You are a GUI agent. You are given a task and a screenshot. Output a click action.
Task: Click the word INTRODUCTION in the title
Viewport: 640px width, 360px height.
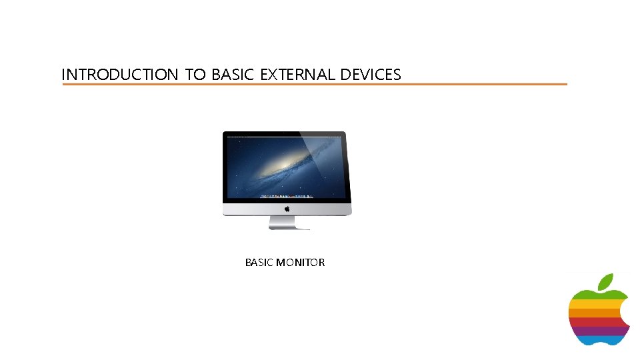pos(120,75)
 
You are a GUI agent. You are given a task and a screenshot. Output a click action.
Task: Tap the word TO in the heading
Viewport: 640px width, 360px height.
pos(195,75)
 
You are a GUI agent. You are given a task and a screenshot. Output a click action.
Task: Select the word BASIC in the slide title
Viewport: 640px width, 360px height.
pos(233,75)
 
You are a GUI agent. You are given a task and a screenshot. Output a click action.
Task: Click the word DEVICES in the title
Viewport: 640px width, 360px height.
pos(371,75)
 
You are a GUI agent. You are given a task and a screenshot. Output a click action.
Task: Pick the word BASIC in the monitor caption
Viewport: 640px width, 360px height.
pos(259,263)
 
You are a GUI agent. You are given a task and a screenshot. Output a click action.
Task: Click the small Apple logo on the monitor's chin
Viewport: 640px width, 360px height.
pos(287,208)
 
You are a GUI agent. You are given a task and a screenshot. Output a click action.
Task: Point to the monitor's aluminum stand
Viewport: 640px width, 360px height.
pos(288,223)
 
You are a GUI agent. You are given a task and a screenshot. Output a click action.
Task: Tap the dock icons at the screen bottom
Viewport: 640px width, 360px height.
pos(287,197)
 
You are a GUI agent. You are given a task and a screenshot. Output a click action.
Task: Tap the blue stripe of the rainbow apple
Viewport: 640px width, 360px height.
pos(598,340)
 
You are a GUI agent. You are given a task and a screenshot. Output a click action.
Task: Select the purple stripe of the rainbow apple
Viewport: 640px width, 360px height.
pos(597,330)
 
